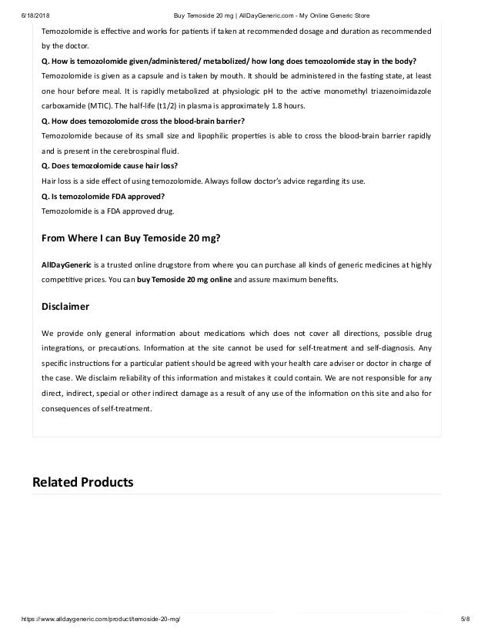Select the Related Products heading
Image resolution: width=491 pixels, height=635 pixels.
coord(82,482)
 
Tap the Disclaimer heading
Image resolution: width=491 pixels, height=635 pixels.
coord(65,307)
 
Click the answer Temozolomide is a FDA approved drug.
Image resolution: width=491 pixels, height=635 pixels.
coord(108,210)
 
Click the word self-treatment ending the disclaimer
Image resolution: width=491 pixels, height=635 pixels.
coord(126,407)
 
